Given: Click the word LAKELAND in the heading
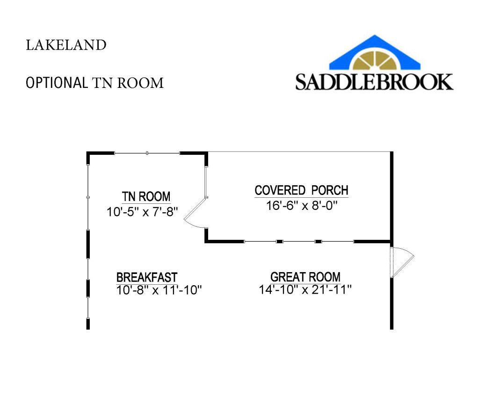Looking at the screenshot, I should [66, 45].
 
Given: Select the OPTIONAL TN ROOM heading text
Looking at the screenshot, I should [94, 83].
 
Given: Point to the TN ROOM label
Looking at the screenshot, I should [146, 196].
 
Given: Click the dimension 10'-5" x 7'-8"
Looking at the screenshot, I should [143, 211].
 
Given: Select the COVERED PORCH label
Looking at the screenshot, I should [301, 191].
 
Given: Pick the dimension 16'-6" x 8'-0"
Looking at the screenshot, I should [301, 206].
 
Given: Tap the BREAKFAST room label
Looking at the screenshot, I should [147, 277].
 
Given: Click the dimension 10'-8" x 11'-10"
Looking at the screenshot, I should [159, 290].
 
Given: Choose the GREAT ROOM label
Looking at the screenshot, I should [305, 277].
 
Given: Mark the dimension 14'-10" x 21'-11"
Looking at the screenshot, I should [305, 290].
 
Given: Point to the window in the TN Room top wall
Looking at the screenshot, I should [147, 153].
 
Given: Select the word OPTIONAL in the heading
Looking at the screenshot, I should [56, 83].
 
